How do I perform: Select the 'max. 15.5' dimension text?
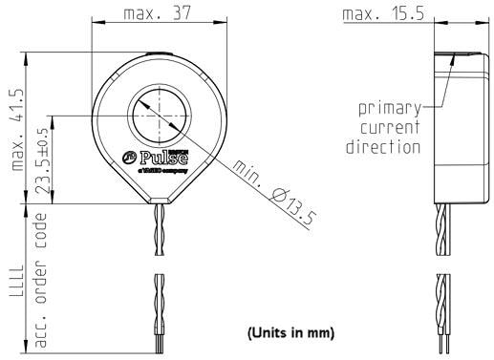[x=383, y=14]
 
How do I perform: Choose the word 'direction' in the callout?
[x=383, y=147]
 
